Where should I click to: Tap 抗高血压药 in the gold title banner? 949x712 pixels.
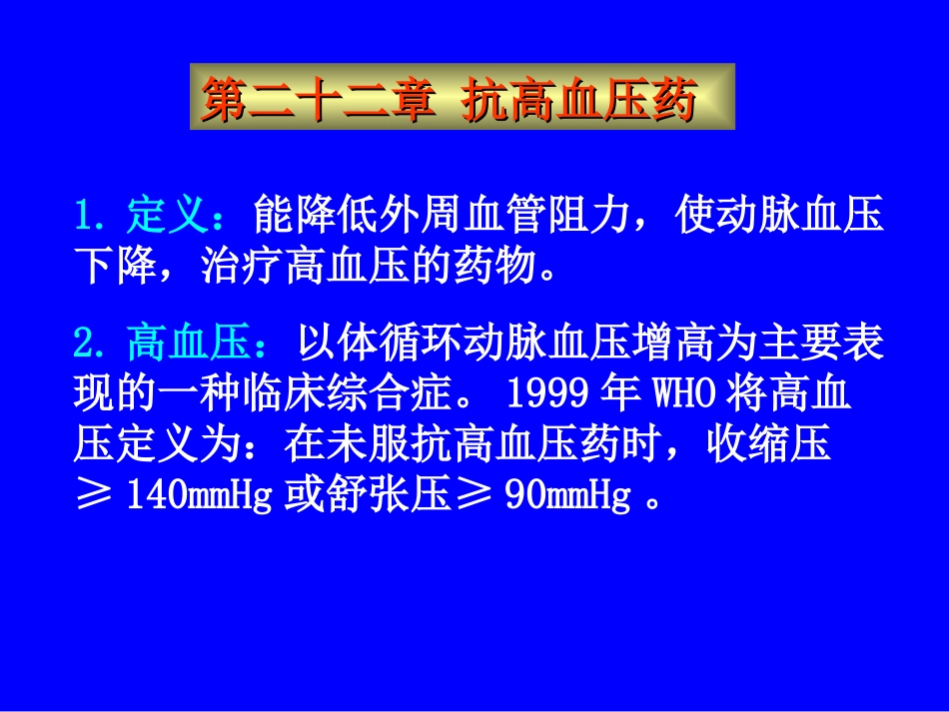(578, 100)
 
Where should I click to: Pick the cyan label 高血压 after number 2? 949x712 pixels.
(189, 346)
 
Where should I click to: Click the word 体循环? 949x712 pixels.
(402, 346)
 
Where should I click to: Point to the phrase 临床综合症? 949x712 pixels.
(370, 395)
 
